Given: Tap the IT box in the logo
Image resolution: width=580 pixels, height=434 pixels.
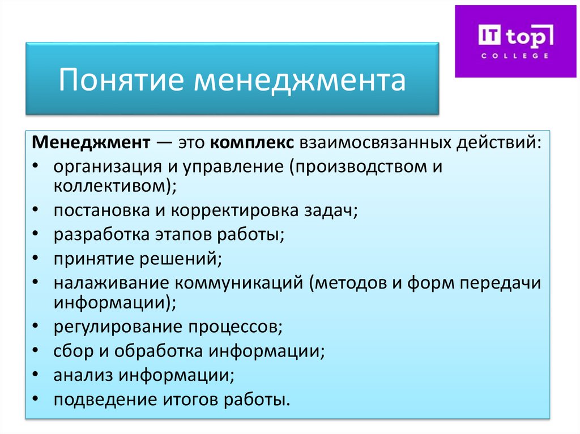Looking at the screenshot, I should [x=489, y=36].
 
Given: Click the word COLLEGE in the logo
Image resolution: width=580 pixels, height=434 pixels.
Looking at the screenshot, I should [x=514, y=56].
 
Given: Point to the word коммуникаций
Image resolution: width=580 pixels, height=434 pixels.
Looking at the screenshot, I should [x=238, y=283].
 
